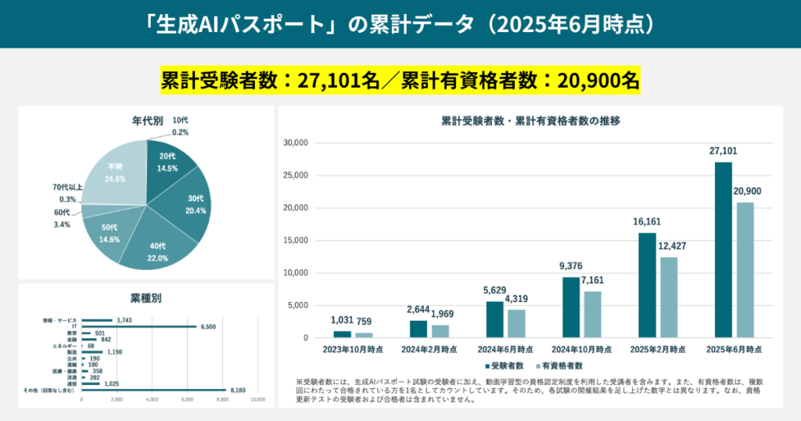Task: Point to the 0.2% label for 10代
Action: point(180,133)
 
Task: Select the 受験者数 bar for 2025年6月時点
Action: point(724,250)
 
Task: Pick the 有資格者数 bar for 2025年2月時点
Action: point(669,297)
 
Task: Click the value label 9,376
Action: point(571,266)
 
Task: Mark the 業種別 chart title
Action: point(146,298)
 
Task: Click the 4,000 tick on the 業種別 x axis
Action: point(153,400)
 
